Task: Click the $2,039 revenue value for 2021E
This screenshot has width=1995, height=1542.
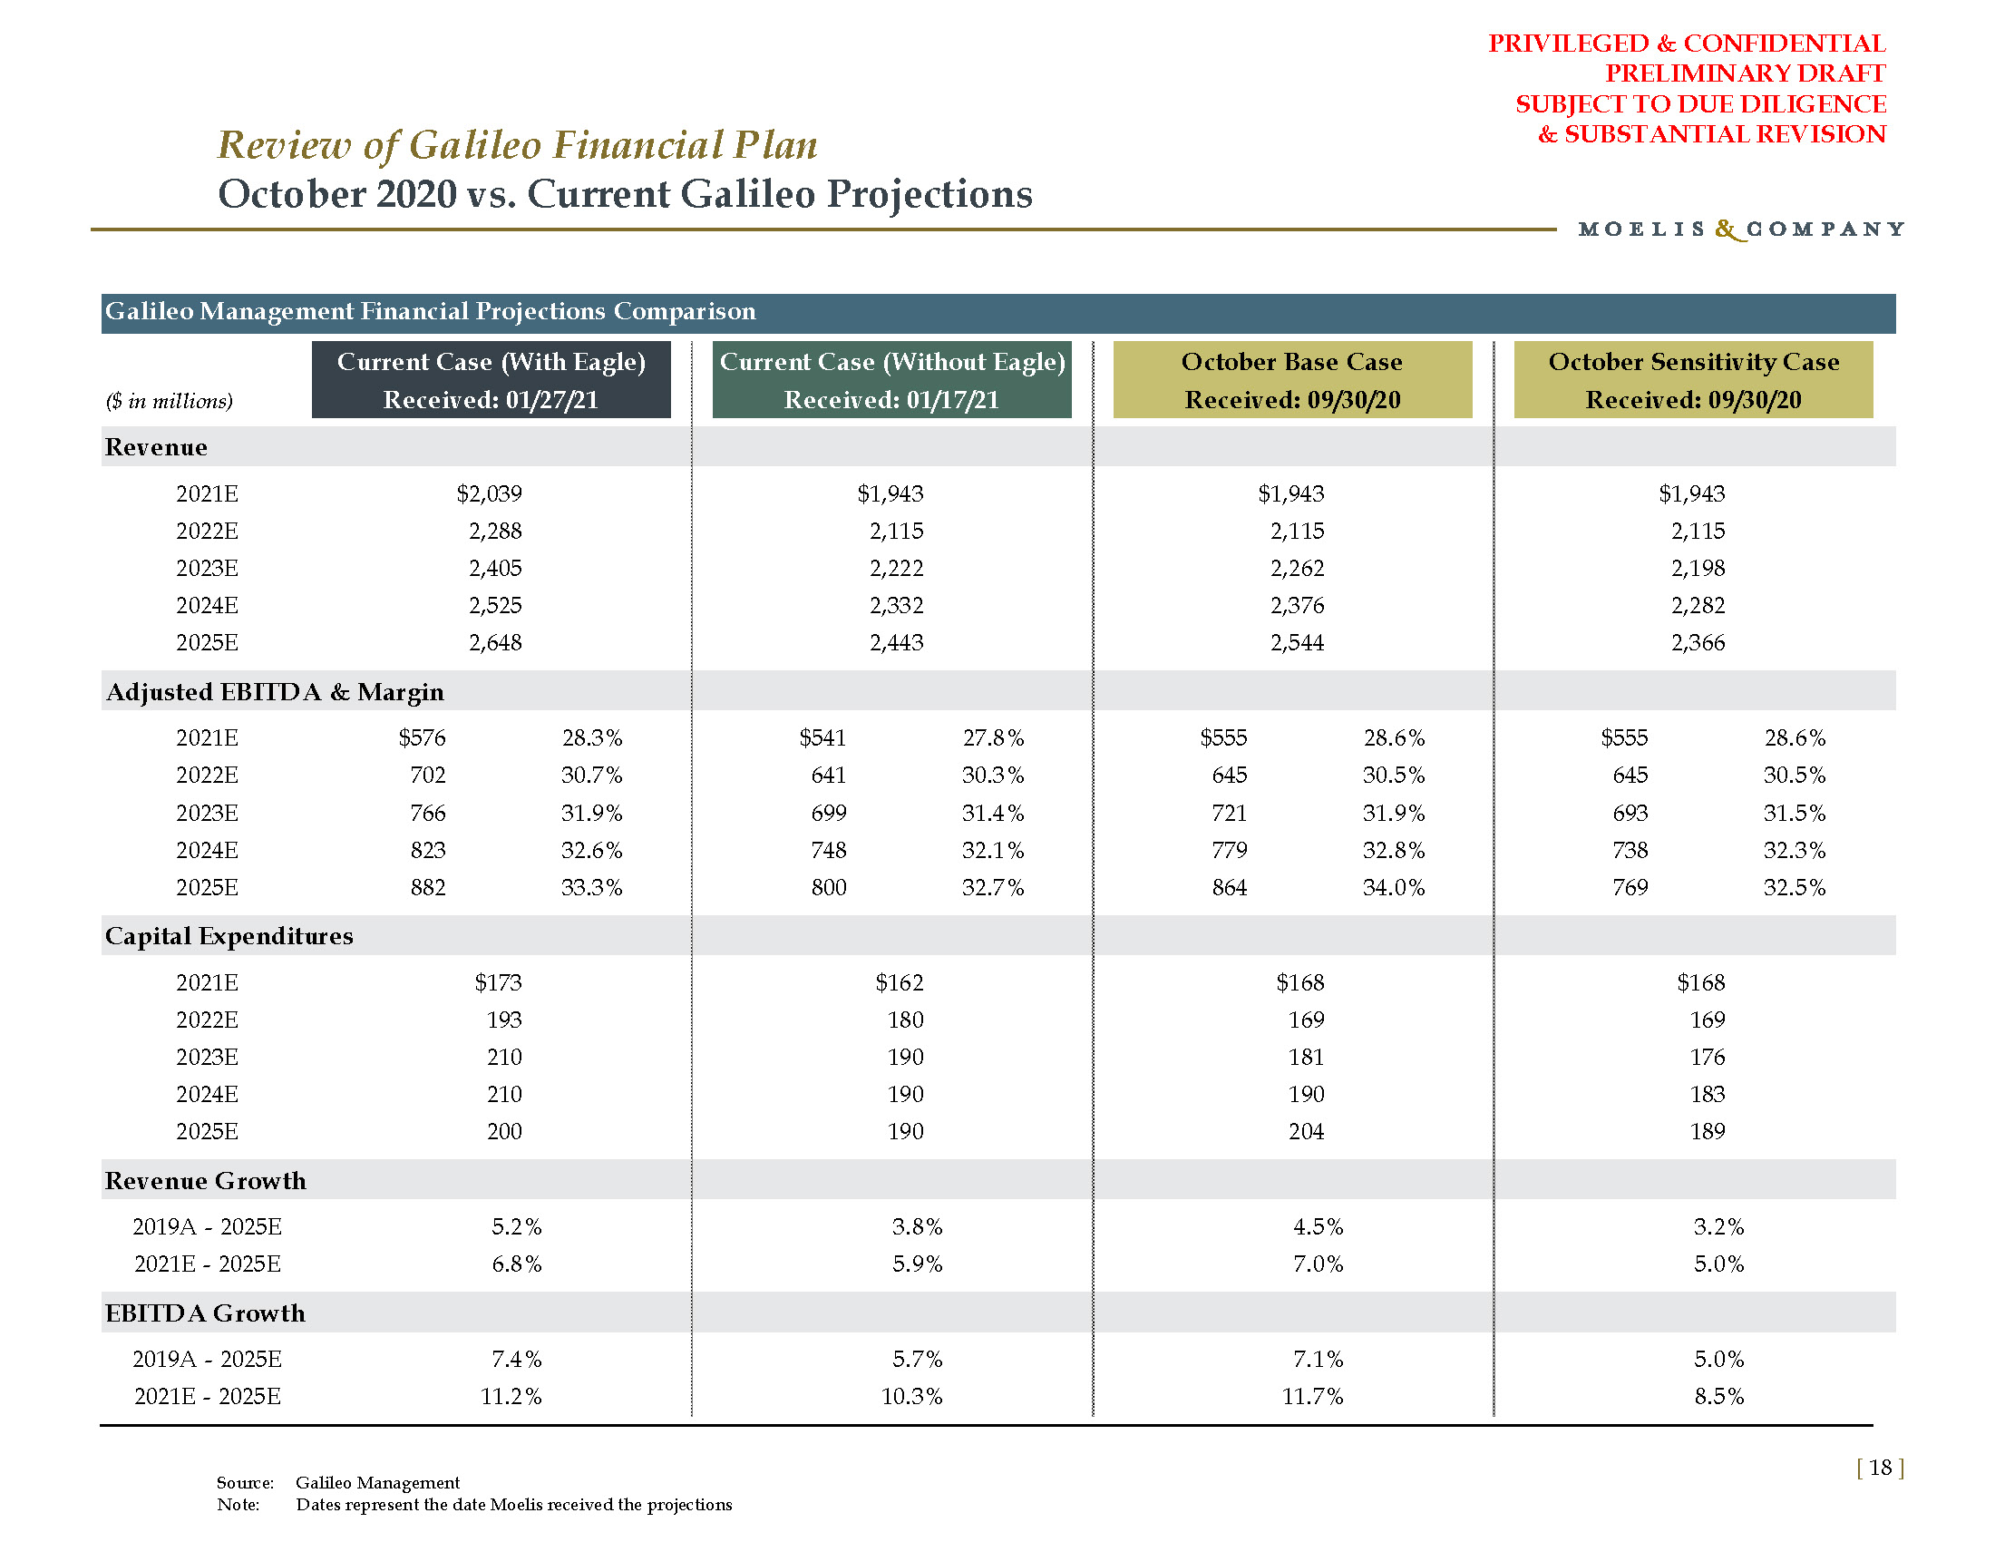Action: tap(489, 494)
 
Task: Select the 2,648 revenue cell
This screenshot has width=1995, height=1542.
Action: tap(495, 643)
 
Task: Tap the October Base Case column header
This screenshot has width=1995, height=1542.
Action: tap(1291, 380)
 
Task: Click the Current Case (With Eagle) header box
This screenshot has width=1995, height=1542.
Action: tap(491, 380)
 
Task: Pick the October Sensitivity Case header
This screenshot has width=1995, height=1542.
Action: tap(1693, 380)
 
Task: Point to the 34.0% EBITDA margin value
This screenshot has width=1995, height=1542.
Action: tap(1393, 888)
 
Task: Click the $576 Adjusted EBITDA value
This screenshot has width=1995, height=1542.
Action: tap(422, 738)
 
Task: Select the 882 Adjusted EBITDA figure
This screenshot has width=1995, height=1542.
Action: tap(427, 888)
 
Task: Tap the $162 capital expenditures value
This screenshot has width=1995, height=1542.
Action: tap(899, 983)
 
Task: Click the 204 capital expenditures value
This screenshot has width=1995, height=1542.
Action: tap(1306, 1132)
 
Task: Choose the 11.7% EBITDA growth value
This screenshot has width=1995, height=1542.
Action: tap(1313, 1397)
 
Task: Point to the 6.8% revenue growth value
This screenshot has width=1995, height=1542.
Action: tap(516, 1264)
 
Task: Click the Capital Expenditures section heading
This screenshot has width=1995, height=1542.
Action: tap(229, 936)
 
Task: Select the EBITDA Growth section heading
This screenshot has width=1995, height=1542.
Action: tap(205, 1313)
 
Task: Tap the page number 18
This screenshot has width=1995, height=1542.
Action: tap(1880, 1468)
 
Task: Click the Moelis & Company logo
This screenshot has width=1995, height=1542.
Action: tap(1741, 229)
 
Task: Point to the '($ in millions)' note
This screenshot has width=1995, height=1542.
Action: tap(169, 401)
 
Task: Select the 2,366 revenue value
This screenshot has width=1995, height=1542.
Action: tap(1698, 643)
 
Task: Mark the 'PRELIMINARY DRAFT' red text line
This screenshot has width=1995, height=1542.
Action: tap(1745, 73)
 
